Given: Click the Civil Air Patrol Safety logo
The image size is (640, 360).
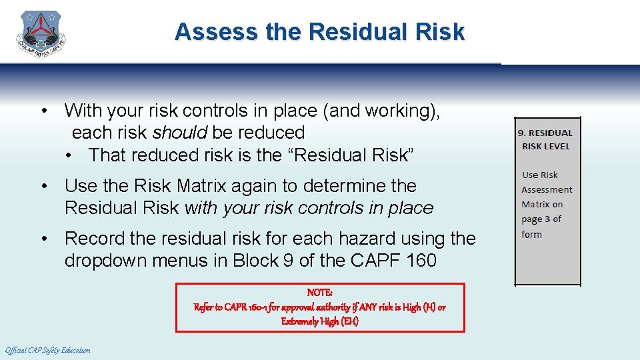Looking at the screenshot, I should tap(41, 35).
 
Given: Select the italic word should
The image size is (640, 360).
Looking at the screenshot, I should tap(181, 133).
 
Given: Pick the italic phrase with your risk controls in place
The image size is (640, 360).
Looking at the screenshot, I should tap(309, 208).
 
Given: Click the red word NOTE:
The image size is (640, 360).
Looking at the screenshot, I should tap(320, 293).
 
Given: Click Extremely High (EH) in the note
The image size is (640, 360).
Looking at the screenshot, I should tap(320, 321).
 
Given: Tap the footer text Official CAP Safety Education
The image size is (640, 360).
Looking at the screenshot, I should tap(47, 350).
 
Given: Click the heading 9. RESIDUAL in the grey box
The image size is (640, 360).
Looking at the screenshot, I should tap(545, 133).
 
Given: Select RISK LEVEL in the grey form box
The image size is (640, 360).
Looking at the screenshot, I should tap(546, 146).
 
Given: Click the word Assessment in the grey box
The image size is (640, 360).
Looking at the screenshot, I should tap(547, 190).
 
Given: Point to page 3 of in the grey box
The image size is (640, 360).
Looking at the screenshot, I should tap(541, 219).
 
